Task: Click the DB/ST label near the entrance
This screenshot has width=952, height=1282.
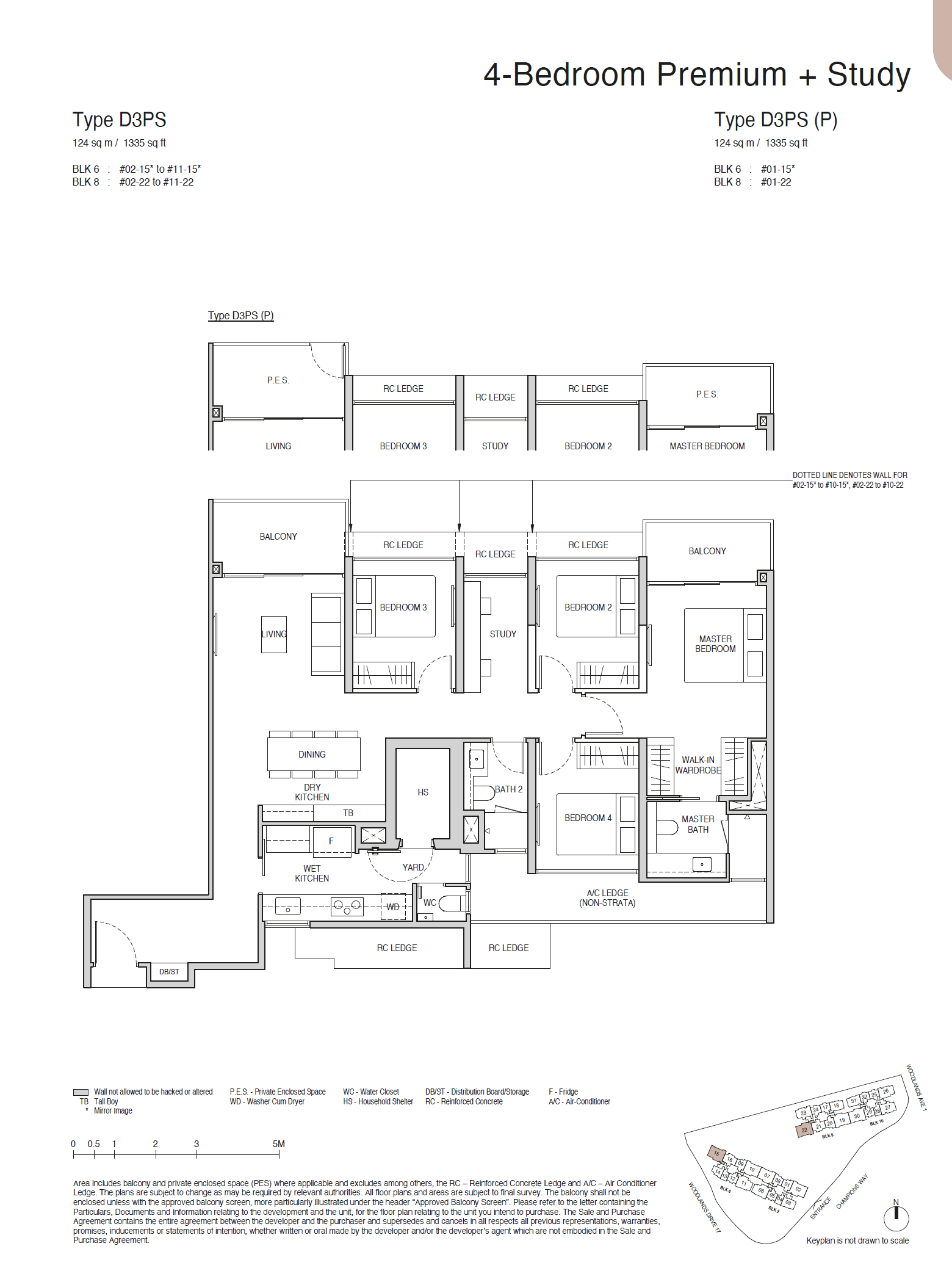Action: click(169, 971)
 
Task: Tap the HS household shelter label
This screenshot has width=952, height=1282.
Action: click(423, 792)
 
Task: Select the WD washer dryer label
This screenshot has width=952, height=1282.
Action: click(393, 907)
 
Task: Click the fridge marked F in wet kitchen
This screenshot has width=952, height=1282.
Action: click(331, 841)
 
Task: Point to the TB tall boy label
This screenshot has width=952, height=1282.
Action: click(348, 813)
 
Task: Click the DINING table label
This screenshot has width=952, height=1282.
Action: click(312, 755)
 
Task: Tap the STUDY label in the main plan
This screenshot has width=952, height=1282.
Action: click(503, 634)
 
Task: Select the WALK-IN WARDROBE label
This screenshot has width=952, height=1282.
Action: click(698, 765)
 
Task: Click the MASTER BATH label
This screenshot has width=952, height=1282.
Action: click(698, 824)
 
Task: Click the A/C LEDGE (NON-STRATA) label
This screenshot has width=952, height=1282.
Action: click(607, 898)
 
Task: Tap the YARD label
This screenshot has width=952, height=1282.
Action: click(413, 867)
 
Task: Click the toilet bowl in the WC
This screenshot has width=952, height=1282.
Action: click(452, 903)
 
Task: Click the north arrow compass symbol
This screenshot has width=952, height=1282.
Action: click(896, 1218)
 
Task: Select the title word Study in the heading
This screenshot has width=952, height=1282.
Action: click(868, 75)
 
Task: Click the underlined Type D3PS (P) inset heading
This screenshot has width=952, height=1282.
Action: click(240, 316)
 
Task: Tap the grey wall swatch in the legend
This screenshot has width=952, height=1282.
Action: click(81, 1092)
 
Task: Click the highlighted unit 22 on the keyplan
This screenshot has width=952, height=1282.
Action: click(804, 1130)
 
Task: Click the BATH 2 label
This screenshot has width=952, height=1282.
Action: click(508, 789)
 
